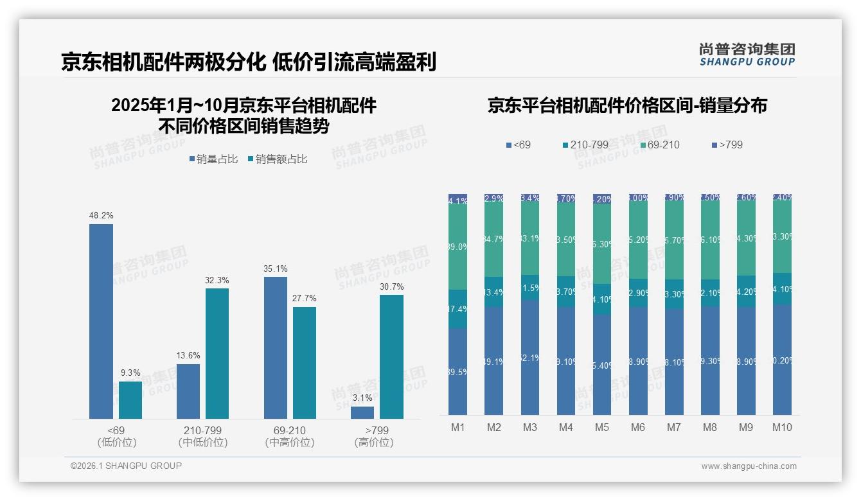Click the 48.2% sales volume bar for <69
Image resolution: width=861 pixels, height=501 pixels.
click(x=101, y=321)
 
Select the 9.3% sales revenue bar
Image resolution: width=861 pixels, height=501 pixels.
click(x=130, y=400)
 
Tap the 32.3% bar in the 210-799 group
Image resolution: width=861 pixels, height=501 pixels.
click(x=217, y=353)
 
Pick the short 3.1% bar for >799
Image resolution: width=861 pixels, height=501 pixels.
click(x=362, y=412)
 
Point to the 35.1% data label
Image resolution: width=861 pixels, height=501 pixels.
click(x=276, y=269)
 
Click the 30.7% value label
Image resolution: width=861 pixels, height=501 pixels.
click(x=392, y=287)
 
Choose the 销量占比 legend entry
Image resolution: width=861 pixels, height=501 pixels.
click(x=214, y=159)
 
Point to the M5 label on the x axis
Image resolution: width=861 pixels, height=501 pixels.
click(x=601, y=427)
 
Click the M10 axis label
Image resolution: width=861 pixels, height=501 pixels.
click(x=781, y=427)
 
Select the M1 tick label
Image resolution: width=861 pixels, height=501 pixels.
click(x=457, y=427)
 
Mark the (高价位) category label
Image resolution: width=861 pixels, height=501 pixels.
click(x=373, y=443)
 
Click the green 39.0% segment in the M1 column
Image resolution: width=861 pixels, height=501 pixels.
click(x=457, y=247)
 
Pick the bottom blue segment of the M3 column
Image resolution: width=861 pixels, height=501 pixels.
click(x=529, y=358)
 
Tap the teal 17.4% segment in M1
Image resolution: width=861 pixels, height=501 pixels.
click(x=457, y=309)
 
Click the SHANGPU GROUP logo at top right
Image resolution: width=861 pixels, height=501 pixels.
click(x=747, y=55)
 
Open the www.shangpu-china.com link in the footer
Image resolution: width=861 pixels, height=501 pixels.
click(x=749, y=466)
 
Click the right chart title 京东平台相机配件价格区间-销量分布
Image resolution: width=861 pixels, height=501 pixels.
click(x=627, y=105)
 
